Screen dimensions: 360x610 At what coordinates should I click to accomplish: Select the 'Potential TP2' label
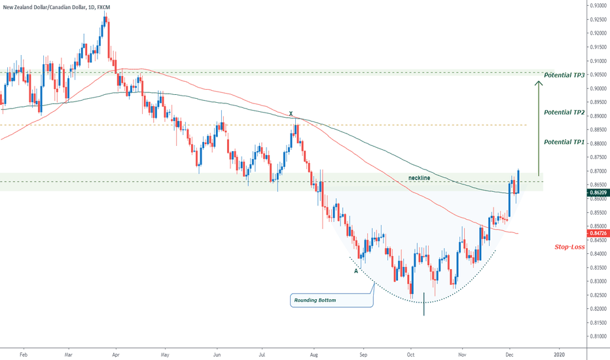(x=564, y=113)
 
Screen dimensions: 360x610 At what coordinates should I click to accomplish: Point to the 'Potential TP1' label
(x=564, y=141)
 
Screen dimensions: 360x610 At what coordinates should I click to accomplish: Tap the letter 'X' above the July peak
(x=292, y=113)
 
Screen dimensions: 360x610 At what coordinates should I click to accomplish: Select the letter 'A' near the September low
(x=356, y=270)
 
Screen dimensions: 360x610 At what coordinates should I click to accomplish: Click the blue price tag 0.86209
(x=598, y=194)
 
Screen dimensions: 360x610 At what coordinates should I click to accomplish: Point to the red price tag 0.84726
(x=598, y=233)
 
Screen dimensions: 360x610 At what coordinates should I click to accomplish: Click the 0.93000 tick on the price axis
(x=597, y=5)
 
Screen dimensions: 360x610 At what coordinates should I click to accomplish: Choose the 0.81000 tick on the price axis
(x=597, y=336)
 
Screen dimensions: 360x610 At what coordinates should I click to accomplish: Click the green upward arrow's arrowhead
(x=538, y=82)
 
